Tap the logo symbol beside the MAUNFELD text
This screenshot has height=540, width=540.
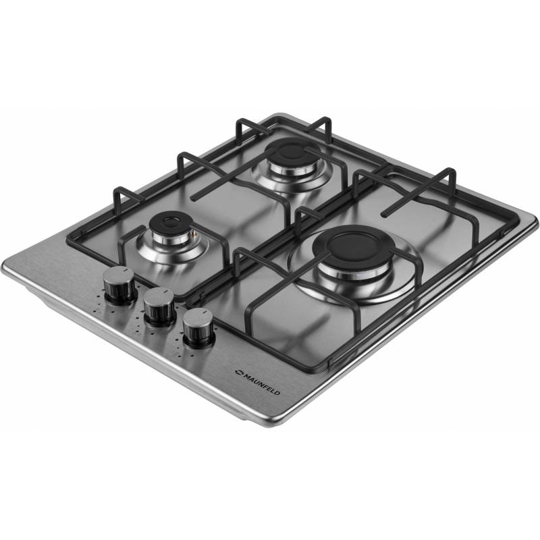pyautogui.click(x=239, y=372)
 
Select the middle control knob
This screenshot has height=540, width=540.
pyautogui.click(x=159, y=306)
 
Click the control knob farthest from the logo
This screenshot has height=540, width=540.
pyautogui.click(x=119, y=285)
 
